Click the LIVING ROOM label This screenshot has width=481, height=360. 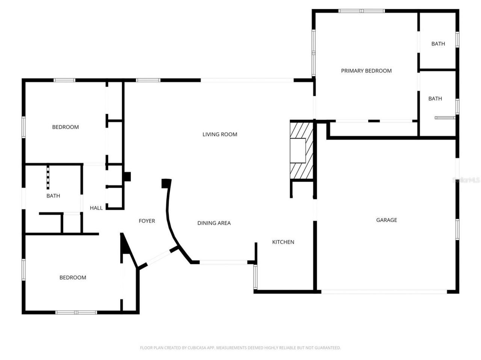[x=220, y=134]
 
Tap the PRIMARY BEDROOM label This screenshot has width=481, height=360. [x=366, y=71]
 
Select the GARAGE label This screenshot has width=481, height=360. [x=386, y=220]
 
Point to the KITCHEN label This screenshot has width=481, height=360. [x=283, y=242]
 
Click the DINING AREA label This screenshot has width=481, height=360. [x=214, y=223]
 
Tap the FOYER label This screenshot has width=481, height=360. [x=147, y=221]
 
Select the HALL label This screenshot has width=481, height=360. [x=96, y=208]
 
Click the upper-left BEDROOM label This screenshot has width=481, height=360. [x=65, y=127]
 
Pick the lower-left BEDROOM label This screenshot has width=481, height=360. [x=73, y=278]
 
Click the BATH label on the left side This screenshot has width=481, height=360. [x=53, y=196]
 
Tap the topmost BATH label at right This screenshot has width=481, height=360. [x=438, y=44]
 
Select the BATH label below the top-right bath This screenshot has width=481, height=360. [x=435, y=99]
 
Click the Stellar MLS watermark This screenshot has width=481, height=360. [x=466, y=180]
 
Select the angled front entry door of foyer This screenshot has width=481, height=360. [x=155, y=258]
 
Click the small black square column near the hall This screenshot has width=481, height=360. [x=127, y=176]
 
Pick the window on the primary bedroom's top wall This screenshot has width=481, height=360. [x=362, y=11]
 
